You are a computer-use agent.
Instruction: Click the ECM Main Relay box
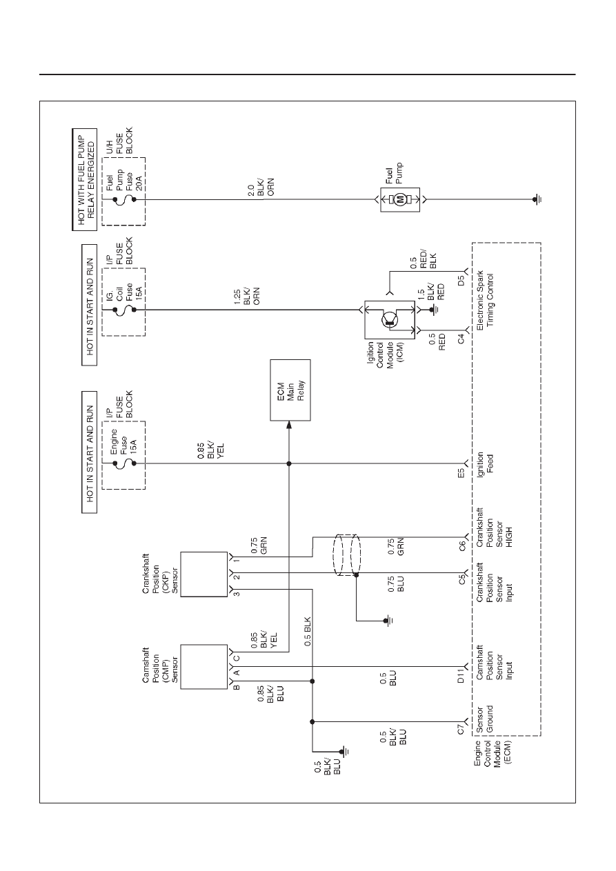[290, 390]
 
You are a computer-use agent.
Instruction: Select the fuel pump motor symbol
[400, 200]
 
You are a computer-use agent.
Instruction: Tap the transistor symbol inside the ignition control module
[390, 319]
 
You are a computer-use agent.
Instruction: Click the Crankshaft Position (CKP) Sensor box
[203, 574]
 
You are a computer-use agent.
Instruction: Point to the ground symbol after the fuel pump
[537, 200]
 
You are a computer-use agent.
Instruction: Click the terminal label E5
[461, 473]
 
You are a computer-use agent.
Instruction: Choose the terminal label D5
[461, 281]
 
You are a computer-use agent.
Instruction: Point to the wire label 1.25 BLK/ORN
[246, 297]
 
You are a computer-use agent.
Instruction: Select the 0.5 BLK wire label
[308, 632]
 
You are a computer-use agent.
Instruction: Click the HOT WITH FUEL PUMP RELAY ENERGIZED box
[84, 179]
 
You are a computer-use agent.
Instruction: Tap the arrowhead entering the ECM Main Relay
[289, 424]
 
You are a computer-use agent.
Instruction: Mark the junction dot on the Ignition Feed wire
[289, 463]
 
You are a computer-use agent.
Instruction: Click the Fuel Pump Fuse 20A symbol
[124, 200]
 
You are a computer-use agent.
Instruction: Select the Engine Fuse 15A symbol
[124, 463]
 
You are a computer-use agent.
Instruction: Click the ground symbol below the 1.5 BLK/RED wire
[432, 310]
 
